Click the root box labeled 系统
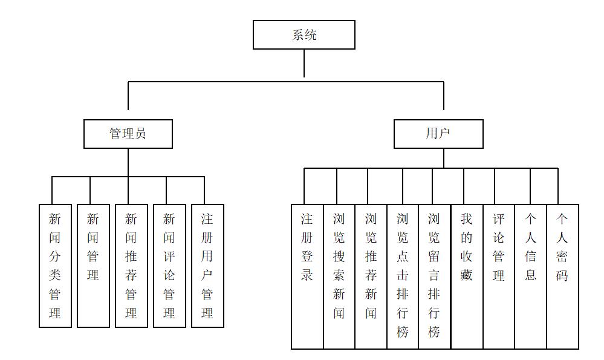coord(304,34)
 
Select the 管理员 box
coord(128,134)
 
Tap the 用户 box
coord(438,134)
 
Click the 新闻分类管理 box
coord(55,266)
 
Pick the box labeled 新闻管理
coord(93,266)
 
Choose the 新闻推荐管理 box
coord(131,266)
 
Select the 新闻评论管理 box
coord(169,266)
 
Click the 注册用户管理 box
coord(207,266)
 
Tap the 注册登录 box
coord(307,277)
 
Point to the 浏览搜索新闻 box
coord(339,277)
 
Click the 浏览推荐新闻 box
coord(371,277)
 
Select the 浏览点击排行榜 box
coord(403,277)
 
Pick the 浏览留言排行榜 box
coord(435,277)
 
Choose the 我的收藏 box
coord(467,277)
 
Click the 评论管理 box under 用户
coord(499,277)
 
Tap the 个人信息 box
coord(531,277)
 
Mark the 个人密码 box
coord(563,277)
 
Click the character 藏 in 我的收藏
coord(467,275)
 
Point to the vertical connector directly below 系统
coord(304,63)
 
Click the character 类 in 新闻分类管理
coord(54,275)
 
